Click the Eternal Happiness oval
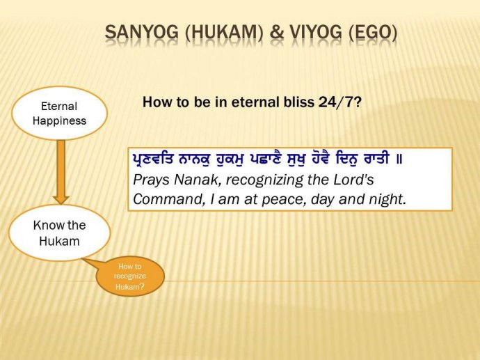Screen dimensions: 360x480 (x=59, y=114)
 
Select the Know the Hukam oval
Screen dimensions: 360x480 (x=59, y=233)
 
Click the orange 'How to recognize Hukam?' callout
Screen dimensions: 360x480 (x=129, y=276)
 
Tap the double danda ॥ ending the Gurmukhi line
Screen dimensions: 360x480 (x=399, y=159)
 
